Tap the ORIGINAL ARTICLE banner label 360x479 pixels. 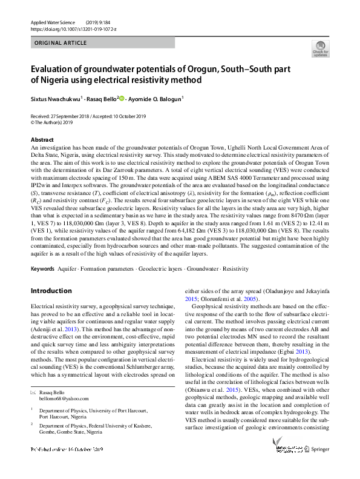click(60, 44)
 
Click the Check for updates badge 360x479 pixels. click(320, 48)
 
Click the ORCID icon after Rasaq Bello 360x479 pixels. click(122, 98)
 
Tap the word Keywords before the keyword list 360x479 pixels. click(43, 268)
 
